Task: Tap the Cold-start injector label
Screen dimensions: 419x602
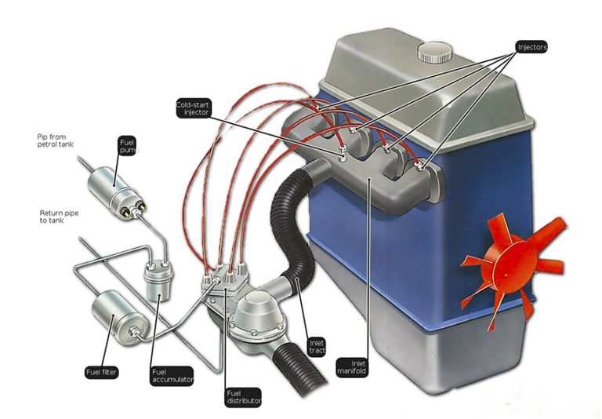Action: pyautogui.click(x=194, y=108)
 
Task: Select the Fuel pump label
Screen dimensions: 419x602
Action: pyautogui.click(x=127, y=148)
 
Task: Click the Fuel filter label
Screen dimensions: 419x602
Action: pyautogui.click(x=101, y=371)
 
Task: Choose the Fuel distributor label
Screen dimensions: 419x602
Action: pyautogui.click(x=242, y=395)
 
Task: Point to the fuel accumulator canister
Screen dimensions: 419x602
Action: pyautogui.click(x=158, y=280)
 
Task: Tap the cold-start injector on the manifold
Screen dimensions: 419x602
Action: pyautogui.click(x=343, y=151)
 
